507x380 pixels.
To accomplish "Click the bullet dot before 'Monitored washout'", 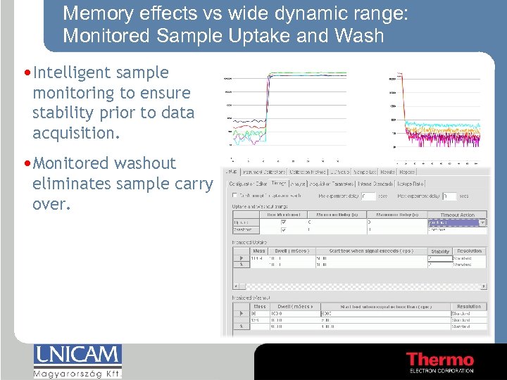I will [26, 163].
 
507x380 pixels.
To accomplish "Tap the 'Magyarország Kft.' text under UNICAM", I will [77, 373].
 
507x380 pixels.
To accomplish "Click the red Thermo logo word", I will [440, 360].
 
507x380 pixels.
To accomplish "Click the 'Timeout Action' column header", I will [458, 215].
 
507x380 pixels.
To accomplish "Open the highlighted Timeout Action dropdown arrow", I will [482, 222].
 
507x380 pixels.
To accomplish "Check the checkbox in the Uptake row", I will [284, 222].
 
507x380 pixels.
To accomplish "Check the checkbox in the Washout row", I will [284, 229].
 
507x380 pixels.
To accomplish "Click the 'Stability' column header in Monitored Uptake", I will [440, 251].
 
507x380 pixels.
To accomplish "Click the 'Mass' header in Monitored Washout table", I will [260, 307].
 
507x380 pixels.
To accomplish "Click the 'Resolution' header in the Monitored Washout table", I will [469, 307].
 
